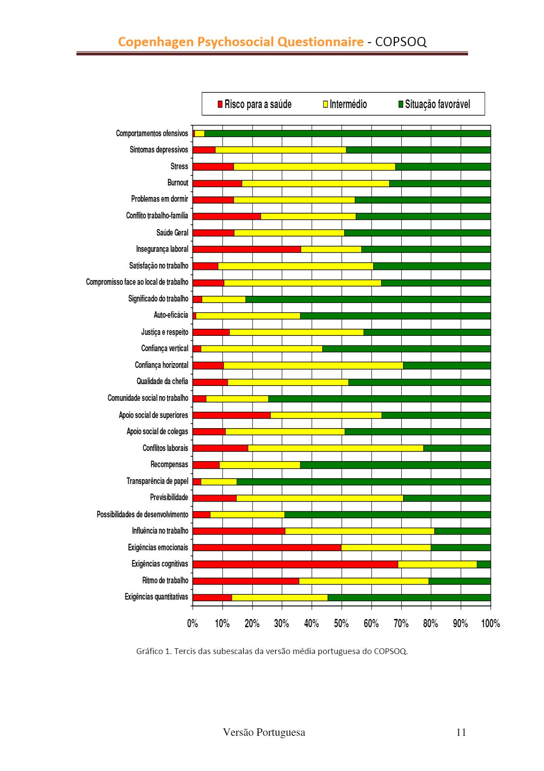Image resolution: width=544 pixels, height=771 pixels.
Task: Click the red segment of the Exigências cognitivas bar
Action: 295,564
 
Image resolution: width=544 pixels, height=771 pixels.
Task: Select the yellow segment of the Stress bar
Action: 314,167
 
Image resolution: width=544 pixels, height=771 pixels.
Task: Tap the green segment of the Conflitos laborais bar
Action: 457,448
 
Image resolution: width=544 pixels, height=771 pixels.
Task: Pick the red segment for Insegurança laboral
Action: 246,249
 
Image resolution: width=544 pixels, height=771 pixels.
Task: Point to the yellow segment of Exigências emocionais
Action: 386,547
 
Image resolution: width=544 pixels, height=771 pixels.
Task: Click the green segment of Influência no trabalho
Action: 462,531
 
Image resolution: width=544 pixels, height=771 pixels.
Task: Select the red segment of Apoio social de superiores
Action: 231,415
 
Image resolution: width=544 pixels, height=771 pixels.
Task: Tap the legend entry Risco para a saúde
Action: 258,104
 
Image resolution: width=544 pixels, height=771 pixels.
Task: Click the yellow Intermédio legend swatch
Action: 326,104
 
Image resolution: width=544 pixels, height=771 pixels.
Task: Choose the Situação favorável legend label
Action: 437,104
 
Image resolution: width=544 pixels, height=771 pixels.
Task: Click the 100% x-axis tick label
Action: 490,623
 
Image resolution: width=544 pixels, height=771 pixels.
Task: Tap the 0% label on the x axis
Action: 192,623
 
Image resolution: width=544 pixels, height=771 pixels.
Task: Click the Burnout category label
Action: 178,183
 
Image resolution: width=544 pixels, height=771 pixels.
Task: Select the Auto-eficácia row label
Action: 171,315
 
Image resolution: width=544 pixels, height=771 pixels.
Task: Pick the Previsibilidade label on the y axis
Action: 169,498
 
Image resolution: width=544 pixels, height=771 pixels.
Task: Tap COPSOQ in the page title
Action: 400,42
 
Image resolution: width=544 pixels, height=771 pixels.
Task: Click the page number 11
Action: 461,732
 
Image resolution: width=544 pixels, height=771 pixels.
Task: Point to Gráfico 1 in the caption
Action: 153,651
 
